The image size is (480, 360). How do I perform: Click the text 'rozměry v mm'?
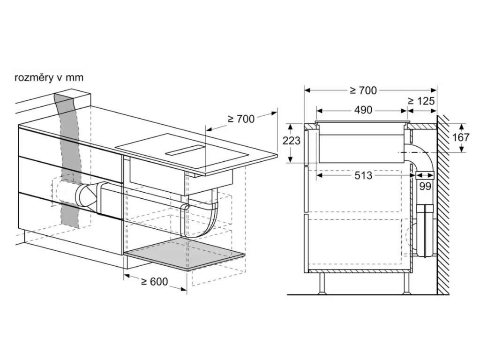[49, 77]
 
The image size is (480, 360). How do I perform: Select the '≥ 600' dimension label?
[155, 281]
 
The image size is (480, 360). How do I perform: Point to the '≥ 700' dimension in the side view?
[364, 90]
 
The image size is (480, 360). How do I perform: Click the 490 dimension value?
[363, 110]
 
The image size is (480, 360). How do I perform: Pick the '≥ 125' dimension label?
[421, 101]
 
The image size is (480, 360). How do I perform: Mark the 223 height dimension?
[291, 141]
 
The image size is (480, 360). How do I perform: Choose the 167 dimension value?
[461, 137]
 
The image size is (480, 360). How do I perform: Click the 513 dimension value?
[363, 175]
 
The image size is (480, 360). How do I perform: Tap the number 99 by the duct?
[425, 186]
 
